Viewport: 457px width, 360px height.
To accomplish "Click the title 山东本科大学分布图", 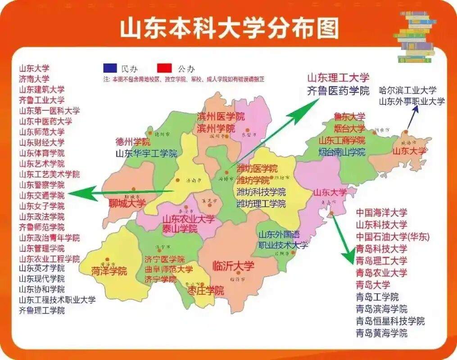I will click(229, 27).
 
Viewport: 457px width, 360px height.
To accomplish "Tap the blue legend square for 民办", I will click(110, 68).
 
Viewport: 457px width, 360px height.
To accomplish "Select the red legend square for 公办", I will click(164, 68).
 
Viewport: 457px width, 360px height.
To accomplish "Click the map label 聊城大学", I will click(127, 203).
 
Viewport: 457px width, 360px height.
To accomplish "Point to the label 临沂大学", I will click(233, 266).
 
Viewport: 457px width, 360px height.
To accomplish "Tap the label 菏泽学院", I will click(109, 271).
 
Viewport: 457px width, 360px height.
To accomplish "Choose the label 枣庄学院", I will click(206, 291).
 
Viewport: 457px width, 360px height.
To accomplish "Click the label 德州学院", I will click(133, 142).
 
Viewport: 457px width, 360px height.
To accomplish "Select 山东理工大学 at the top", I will click(338, 78).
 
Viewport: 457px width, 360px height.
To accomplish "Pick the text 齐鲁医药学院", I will click(338, 90).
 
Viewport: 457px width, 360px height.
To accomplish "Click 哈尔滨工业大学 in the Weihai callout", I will click(408, 90).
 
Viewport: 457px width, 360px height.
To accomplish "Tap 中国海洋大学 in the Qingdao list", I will click(381, 212).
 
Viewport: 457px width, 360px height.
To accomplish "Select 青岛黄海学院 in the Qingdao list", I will click(381, 333).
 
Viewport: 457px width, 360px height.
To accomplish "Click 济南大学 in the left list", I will click(34, 79).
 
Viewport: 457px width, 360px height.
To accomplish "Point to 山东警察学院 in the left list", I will click(41, 185).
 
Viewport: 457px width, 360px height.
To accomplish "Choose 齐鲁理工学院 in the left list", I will click(41, 310).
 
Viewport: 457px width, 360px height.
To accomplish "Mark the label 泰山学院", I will click(180, 229).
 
